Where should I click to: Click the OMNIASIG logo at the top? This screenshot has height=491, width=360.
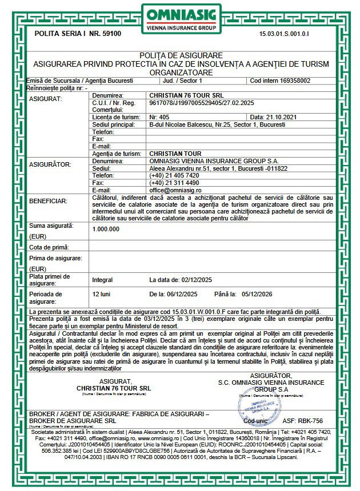(180, 18)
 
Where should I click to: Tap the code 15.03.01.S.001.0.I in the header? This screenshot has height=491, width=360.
(292, 34)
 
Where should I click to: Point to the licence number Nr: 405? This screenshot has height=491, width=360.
(158, 116)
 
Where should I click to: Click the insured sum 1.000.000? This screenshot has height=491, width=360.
(106, 229)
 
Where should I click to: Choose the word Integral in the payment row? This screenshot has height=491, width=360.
(103, 280)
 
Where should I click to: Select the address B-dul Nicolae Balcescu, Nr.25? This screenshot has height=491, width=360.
(186, 123)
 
